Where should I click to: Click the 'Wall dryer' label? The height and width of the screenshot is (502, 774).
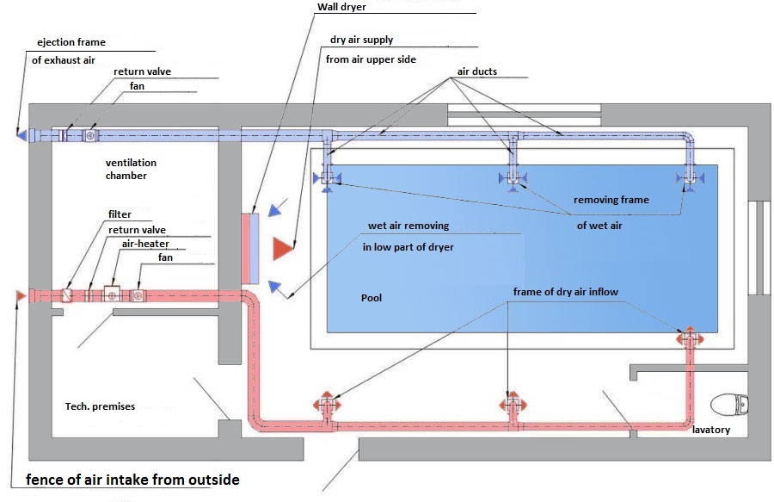[341, 7]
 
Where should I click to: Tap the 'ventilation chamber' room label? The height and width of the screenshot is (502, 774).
[131, 169]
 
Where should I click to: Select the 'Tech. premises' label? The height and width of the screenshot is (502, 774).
[100, 406]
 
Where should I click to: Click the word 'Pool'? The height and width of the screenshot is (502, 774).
[372, 297]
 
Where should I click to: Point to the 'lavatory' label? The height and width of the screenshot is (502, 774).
[711, 430]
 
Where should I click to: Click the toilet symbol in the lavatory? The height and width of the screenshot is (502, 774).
[729, 404]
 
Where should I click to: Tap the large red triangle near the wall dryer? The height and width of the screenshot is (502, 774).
[283, 248]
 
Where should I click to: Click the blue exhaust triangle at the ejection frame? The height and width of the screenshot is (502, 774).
[21, 134]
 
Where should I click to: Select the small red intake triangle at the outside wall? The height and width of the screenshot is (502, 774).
[21, 296]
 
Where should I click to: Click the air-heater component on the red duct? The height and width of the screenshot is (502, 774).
[113, 295]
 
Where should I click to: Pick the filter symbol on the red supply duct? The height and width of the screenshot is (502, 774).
[66, 295]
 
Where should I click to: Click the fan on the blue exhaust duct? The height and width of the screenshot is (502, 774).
[91, 135]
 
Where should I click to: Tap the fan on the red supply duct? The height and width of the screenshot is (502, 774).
[138, 296]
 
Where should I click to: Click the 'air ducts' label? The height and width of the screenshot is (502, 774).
[476, 71]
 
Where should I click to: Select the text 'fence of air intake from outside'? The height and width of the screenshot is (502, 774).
[132, 480]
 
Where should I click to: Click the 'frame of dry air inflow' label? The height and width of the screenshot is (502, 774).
[565, 292]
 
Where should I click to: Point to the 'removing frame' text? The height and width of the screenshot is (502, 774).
[611, 200]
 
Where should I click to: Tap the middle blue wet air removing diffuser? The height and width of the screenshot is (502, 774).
[513, 179]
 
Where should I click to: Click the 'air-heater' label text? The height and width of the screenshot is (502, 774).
[145, 244]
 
